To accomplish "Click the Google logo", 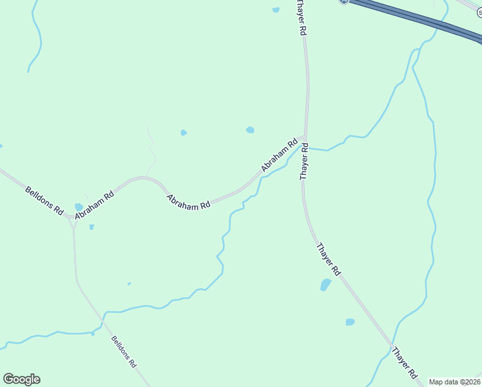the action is tap(22, 379).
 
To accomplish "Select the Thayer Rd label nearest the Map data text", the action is tap(405, 362).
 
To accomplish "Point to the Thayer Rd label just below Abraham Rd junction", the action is tap(304, 162).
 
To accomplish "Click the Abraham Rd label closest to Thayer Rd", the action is tap(278, 155).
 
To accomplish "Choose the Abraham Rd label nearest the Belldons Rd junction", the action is tap(93, 204).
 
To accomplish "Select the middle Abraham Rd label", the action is tap(189, 201).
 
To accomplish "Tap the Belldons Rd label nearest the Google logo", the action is tap(124, 351).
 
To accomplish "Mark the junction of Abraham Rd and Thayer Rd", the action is tap(305, 137).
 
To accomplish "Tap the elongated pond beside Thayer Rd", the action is tap(325, 285).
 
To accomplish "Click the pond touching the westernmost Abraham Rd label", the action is tap(79, 207).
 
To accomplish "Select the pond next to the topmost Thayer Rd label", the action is tap(276, 10).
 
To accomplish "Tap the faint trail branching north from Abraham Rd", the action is tap(152, 152).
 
